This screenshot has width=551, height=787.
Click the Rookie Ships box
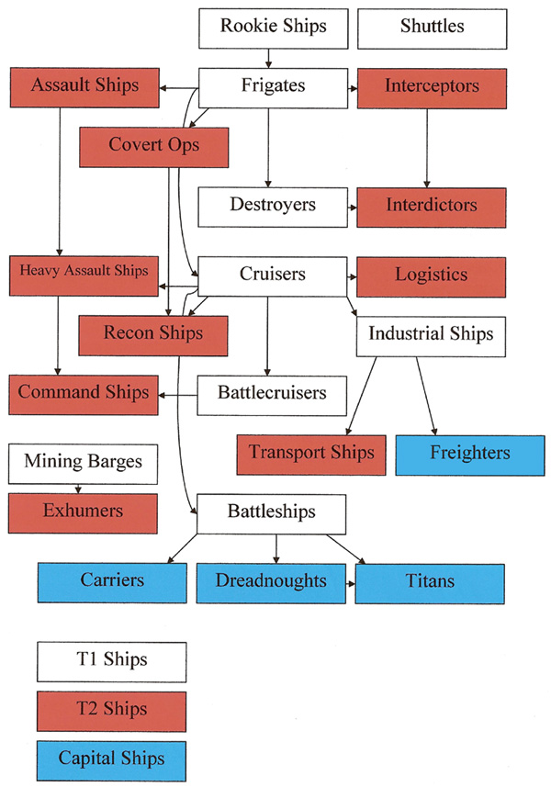pos(273,27)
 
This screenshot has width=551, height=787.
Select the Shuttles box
pos(432,27)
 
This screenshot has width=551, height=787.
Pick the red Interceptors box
pos(432,87)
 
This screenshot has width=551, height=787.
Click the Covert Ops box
pos(153,145)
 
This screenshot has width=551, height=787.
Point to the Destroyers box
pos(272,204)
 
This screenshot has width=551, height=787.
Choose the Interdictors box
pos(431,204)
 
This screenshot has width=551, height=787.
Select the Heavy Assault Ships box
pos(84,272)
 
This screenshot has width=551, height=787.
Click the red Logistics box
pos(431,275)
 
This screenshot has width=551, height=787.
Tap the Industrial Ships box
pos(431,334)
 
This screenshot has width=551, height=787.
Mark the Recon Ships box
pos(153,332)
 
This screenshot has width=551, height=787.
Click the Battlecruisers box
pos(272,393)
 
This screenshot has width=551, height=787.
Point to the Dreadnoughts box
pos(272,582)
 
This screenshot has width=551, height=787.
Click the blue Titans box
pos(431,582)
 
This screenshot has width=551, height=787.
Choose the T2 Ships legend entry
pos(112,710)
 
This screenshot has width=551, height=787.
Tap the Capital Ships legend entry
pos(112,759)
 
